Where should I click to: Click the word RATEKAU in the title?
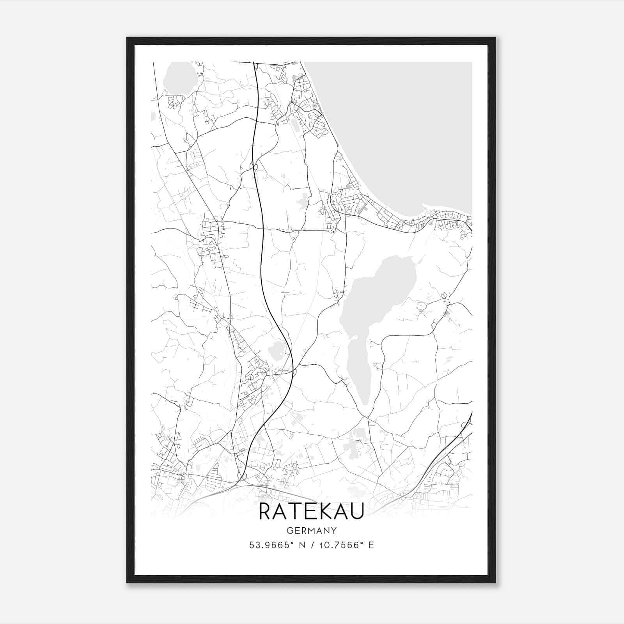(311, 512)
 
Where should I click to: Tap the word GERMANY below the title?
(311, 531)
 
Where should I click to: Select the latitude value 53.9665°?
(271, 545)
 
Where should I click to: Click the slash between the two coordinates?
(312, 545)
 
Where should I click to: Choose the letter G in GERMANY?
(289, 531)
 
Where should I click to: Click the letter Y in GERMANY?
(334, 531)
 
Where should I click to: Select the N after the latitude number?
(302, 545)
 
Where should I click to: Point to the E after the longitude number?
(371, 545)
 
